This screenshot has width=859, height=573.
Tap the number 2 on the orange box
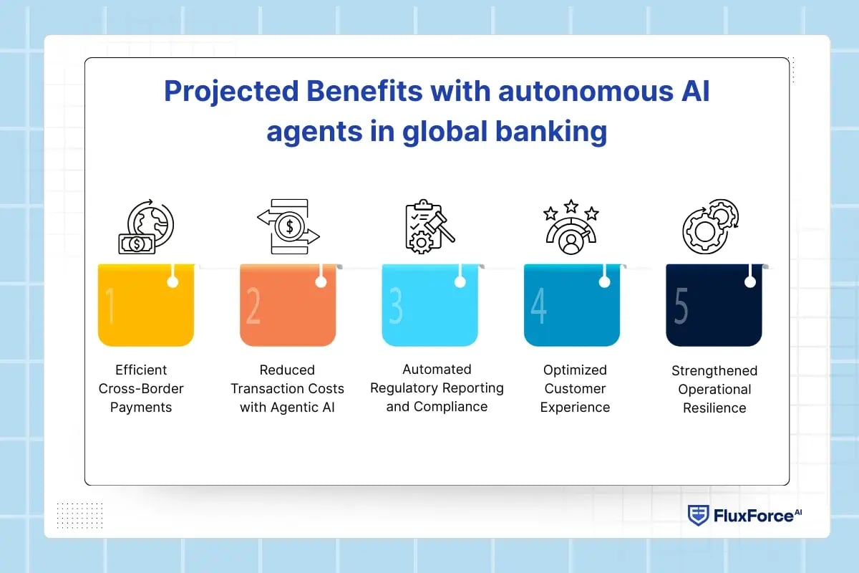(x=253, y=306)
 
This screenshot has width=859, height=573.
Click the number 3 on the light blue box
(x=395, y=306)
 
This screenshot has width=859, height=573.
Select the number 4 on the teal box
(x=538, y=306)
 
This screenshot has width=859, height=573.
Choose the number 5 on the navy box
(x=681, y=306)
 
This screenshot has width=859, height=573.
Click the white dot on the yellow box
(x=173, y=282)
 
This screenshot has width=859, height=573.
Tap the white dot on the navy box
(x=749, y=282)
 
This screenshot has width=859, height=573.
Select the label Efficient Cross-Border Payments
(x=141, y=388)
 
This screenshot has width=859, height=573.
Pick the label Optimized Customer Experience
(x=575, y=388)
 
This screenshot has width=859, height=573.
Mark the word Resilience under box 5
(x=714, y=408)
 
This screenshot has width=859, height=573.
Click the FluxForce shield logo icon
(x=698, y=515)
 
